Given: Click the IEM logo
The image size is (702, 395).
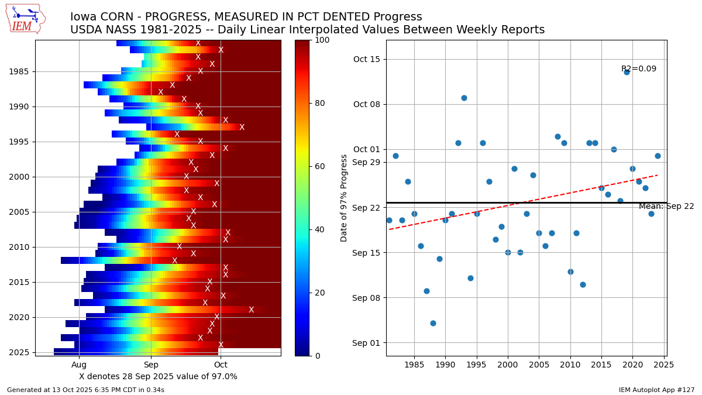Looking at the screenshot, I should [x=25, y=19].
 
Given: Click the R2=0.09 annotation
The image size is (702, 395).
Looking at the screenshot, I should [x=638, y=69].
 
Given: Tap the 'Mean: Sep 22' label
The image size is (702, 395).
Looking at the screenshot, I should [x=666, y=207].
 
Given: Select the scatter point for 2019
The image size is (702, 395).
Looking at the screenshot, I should [x=627, y=72].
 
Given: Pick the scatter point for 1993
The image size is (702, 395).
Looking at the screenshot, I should [x=464, y=98].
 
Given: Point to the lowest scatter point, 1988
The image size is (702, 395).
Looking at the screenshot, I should [x=433, y=323].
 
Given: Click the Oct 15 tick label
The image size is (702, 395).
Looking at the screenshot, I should [x=366, y=59].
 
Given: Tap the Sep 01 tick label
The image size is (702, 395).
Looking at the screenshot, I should [x=366, y=343].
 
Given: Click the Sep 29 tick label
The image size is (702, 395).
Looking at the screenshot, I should [x=366, y=162].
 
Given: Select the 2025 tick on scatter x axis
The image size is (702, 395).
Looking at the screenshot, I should [x=664, y=365].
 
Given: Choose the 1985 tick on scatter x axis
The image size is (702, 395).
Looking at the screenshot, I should [x=414, y=365].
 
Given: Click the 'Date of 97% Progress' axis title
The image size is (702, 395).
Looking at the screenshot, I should [x=344, y=198].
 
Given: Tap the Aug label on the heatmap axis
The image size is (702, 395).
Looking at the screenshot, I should [x=79, y=365].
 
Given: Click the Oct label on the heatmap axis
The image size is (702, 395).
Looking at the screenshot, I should [x=221, y=365].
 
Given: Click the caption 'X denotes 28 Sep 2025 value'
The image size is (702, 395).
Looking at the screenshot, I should [x=158, y=376].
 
